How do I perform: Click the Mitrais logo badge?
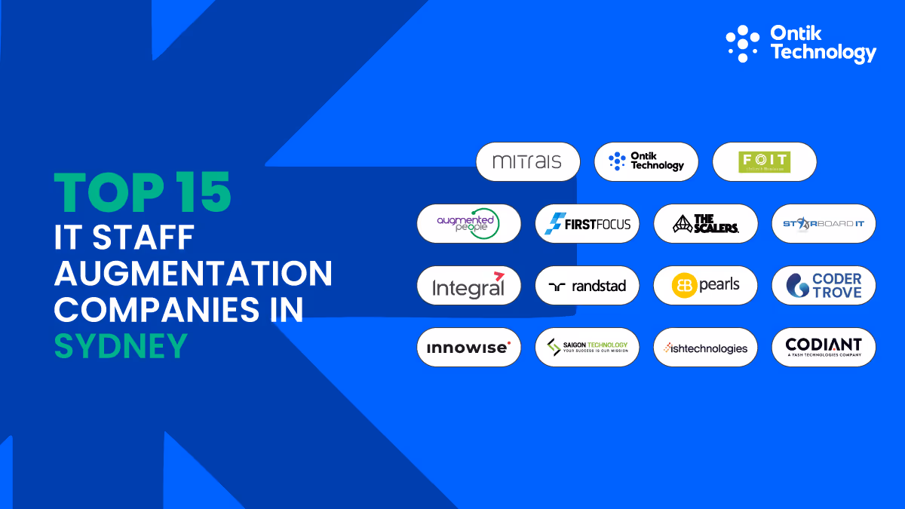(528, 161)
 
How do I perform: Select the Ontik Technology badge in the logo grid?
(646, 161)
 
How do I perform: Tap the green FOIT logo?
(764, 161)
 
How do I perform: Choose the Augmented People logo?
(469, 223)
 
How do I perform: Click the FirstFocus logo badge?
(587, 223)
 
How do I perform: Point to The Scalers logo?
(706, 223)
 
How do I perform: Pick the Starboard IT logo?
(824, 223)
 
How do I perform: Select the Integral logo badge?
(469, 285)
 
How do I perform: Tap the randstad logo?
(587, 285)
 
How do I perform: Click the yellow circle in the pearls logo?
(684, 286)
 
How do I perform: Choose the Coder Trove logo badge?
(824, 285)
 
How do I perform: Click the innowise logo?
(469, 347)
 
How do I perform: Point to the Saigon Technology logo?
(587, 347)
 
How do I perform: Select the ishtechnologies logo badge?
(706, 347)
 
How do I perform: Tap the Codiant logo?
(824, 347)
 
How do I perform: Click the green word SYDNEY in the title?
(120, 345)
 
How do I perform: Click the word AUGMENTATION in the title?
(193, 272)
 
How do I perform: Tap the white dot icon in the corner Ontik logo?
(743, 43)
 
